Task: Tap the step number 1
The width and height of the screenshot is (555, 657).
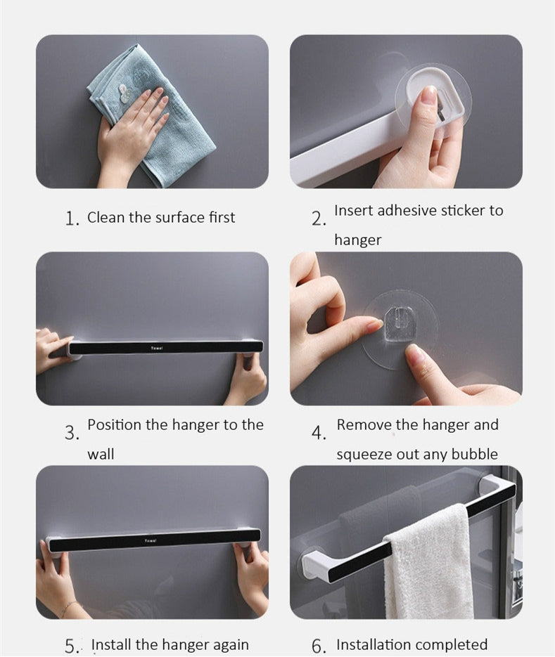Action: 72,219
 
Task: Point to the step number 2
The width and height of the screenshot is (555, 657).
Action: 319,219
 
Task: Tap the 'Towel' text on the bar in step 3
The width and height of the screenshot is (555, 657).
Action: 157,348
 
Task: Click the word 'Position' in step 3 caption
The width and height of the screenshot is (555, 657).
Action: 114,425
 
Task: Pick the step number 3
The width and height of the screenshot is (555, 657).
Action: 72,433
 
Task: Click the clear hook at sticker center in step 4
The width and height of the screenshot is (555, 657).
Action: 399,325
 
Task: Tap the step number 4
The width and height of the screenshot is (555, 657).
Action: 319,433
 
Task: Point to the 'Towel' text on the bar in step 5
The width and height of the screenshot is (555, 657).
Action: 151,541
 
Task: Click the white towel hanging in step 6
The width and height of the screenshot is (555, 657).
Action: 428,561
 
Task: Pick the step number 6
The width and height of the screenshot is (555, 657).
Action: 319,646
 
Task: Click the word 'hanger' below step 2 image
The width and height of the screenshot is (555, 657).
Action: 358,240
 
